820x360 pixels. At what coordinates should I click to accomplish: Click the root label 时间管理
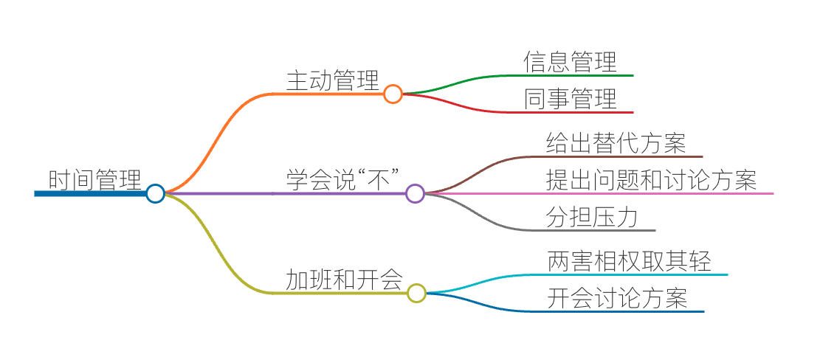pos(94,179)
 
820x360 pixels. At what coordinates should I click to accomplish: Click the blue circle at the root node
pos(155,193)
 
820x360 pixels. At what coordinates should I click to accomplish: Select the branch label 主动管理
pos(332,80)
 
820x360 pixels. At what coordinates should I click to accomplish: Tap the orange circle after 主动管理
pos(393,94)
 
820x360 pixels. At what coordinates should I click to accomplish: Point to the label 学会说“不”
pos(343,179)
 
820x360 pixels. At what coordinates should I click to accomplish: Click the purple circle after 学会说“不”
pos(415,193)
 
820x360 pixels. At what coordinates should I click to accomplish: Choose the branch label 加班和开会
pos(344,280)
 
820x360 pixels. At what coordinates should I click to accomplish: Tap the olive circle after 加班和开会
pos(416,293)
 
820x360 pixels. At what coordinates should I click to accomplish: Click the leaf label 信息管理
pos(570,61)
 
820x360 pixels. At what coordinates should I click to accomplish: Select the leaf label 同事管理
pos(570,98)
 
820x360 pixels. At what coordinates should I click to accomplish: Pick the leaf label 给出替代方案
pos(616,142)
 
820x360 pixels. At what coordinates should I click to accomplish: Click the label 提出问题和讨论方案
pos(651,179)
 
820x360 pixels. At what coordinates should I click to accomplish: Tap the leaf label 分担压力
pos(591,216)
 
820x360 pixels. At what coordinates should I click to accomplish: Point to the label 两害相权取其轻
pos(629,261)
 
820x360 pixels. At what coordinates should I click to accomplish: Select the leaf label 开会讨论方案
pos(617,297)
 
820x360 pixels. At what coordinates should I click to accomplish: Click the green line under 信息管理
pos(576,75)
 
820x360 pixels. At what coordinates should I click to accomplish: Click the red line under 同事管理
pos(576,112)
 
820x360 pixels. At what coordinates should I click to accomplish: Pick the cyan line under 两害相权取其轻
pos(635,274)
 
